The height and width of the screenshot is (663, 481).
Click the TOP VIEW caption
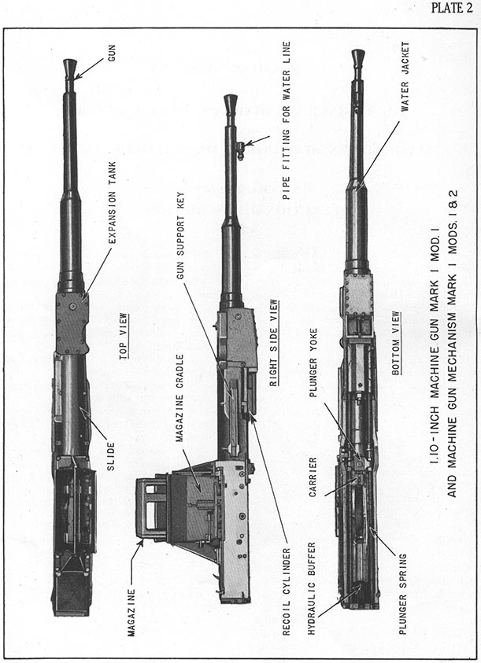(x=124, y=337)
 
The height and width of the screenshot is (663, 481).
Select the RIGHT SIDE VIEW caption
(x=274, y=343)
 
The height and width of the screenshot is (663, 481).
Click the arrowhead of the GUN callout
(x=76, y=76)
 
